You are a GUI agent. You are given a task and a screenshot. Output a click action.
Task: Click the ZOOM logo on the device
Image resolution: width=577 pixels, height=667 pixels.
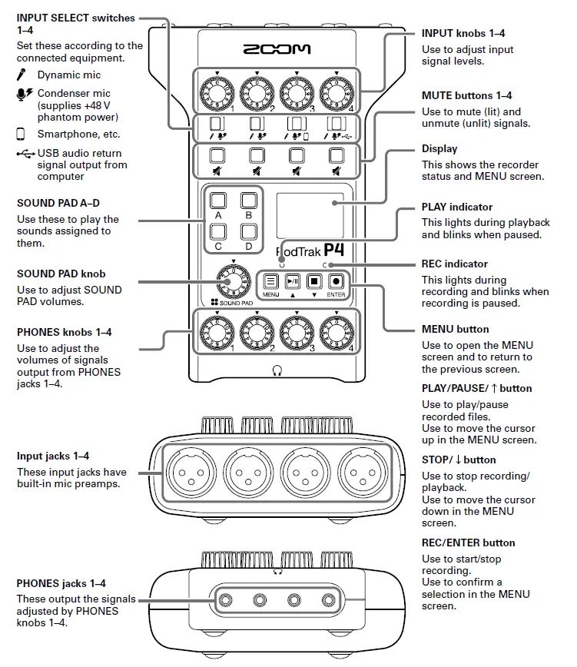[277, 49]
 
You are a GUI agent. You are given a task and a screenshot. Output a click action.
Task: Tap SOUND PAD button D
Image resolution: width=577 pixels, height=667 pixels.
[247, 231]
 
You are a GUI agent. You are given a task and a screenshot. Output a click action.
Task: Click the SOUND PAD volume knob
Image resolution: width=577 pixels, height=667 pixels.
[231, 285]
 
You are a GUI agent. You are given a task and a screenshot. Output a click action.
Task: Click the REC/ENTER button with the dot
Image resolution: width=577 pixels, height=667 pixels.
[336, 281]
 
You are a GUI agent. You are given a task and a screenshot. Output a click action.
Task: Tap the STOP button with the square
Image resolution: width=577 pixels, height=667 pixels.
[313, 281]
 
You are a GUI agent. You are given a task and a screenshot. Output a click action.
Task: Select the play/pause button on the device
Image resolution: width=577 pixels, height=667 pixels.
[292, 281]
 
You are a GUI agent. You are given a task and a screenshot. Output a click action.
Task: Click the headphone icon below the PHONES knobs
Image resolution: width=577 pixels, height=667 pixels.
[277, 370]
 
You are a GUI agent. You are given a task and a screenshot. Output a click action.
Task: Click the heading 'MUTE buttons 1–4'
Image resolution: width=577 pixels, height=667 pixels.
[466, 96]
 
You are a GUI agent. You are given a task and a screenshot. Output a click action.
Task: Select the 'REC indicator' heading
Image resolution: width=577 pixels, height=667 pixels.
[455, 264]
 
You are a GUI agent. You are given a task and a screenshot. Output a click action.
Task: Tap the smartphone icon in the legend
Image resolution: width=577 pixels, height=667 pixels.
[21, 134]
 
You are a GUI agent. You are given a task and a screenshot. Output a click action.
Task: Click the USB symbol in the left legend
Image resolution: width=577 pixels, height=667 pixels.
[25, 153]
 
